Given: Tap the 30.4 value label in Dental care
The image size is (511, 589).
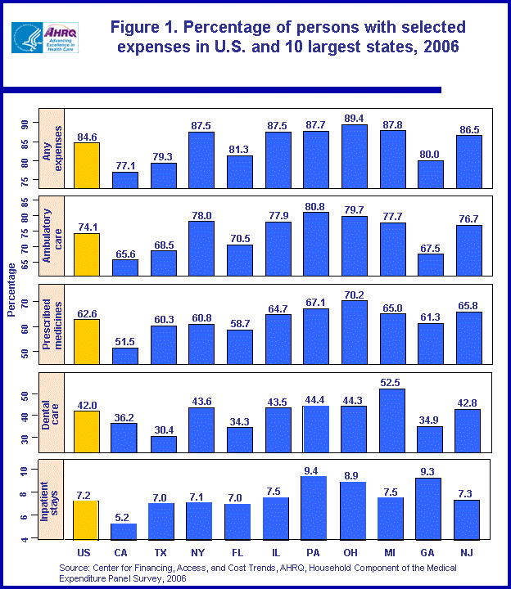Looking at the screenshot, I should click(163, 429).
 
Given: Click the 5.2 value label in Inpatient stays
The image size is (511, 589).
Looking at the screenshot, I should click(124, 517).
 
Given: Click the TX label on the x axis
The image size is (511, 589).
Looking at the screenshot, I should click(162, 552).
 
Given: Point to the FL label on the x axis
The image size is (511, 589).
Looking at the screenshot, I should click(238, 552).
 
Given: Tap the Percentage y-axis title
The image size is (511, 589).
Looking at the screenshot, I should click(11, 290).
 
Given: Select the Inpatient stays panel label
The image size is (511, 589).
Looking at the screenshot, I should click(51, 502).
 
